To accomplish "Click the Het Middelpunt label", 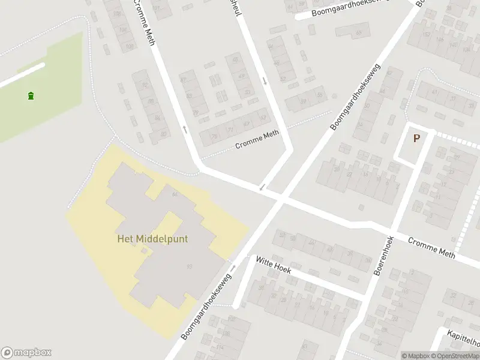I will pos(152,239).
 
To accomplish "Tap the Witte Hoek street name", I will pos(273,265).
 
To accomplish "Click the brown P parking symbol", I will pos(416,138).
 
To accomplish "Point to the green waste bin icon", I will pos(31,95).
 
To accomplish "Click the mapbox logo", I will pos(26,353).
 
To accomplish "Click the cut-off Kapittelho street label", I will pos(463,339).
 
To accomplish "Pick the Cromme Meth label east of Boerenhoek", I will pos(431,248).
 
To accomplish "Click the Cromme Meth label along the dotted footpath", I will pos(257,140).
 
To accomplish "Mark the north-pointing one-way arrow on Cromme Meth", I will pos(185,128).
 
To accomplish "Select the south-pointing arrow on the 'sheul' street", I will pos(264,80).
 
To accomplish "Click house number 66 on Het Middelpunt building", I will pos(175,194).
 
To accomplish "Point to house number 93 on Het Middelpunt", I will pos(190,266).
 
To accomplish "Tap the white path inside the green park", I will pos(23,74).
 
